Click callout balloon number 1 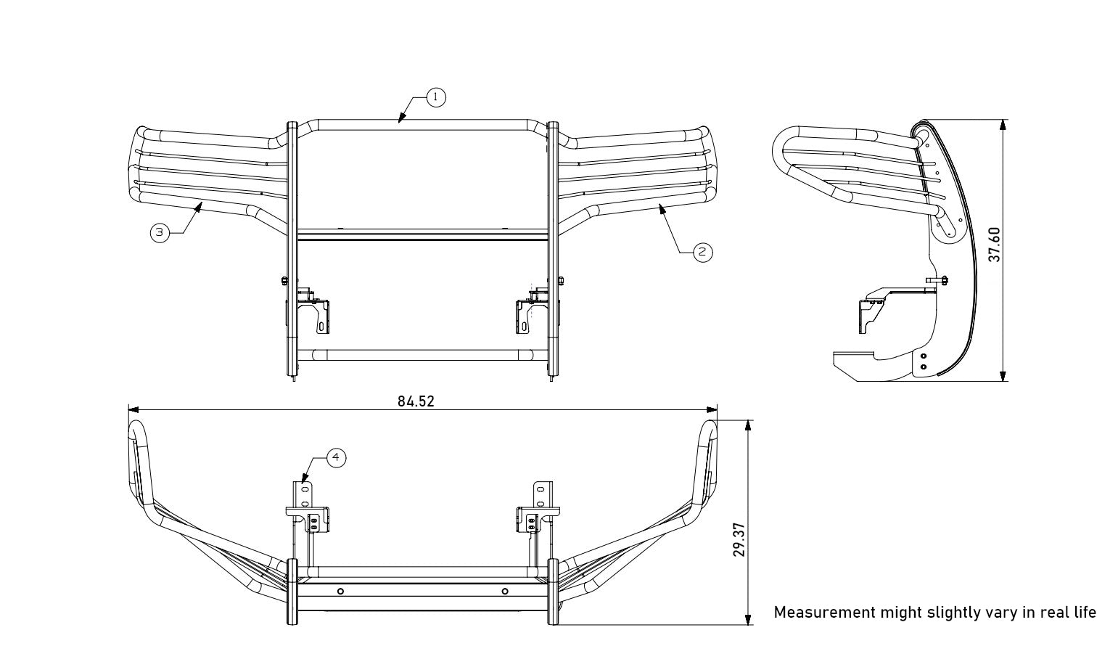tap(436, 97)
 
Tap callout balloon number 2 tap(702, 252)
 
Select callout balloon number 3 tap(160, 233)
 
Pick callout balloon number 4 tap(336, 457)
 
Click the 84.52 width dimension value tap(416, 401)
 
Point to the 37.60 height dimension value tap(995, 244)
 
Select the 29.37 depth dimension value tap(739, 539)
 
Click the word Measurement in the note tap(824, 612)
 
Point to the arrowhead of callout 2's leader tap(662, 209)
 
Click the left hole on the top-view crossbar tap(340, 591)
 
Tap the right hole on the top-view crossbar tap(505, 591)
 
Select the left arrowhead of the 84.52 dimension tap(133, 410)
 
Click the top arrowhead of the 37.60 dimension tap(1003, 125)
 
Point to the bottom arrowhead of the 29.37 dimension tap(748, 619)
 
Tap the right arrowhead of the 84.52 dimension tap(712, 410)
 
